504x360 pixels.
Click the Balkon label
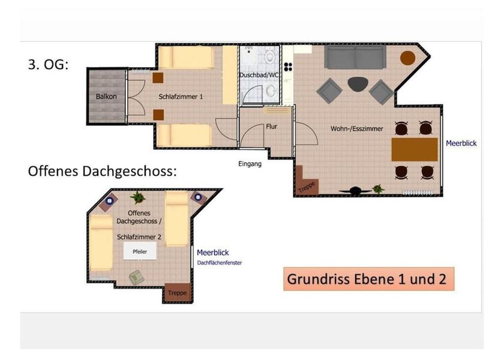pyautogui.click(x=106, y=97)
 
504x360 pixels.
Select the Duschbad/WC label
pyautogui.click(x=259, y=75)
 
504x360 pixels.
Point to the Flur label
pyautogui.click(x=271, y=127)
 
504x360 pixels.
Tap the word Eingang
pyautogui.click(x=250, y=163)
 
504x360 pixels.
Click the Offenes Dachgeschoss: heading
pyautogui.click(x=103, y=171)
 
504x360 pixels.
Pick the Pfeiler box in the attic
pyautogui.click(x=140, y=251)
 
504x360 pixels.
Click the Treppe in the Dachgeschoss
pyautogui.click(x=177, y=293)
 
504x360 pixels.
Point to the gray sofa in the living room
pyautogui.click(x=356, y=57)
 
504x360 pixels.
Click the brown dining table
pyautogui.click(x=415, y=149)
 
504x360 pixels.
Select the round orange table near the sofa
pyautogui.click(x=407, y=58)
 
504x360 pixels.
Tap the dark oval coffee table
pyautogui.click(x=358, y=84)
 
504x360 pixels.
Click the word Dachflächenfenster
pyautogui.click(x=220, y=263)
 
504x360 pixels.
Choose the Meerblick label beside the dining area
pyautogui.click(x=461, y=143)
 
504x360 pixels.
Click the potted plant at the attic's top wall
pyautogui.click(x=137, y=196)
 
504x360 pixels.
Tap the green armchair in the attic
pyautogui.click(x=136, y=277)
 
